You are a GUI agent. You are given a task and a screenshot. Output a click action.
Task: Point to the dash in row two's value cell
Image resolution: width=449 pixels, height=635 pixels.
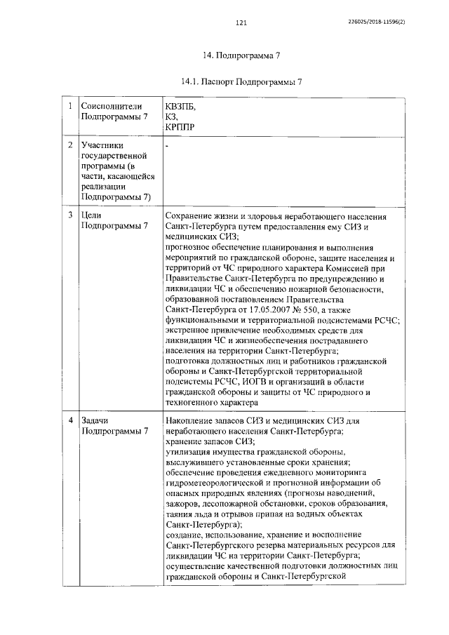coord(168,145)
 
